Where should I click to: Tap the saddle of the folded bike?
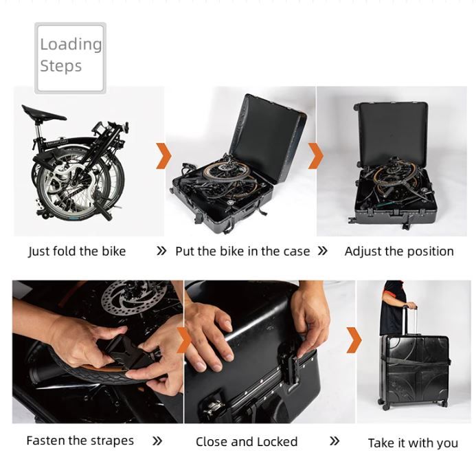pyautogui.click(x=42, y=113)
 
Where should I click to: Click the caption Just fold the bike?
pyautogui.click(x=77, y=251)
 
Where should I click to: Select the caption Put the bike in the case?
pyautogui.click(x=242, y=251)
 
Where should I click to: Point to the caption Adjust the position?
pyautogui.click(x=399, y=251)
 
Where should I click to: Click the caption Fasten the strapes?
pyautogui.click(x=80, y=441)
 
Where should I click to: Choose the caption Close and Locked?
pyautogui.click(x=247, y=441)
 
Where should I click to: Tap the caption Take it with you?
pyautogui.click(x=413, y=443)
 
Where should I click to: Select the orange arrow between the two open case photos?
pyautogui.click(x=315, y=156)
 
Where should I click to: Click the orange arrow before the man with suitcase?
pyautogui.click(x=354, y=340)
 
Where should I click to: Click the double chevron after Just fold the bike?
pyautogui.click(x=161, y=251)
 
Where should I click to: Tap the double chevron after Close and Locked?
pyautogui.click(x=335, y=441)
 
